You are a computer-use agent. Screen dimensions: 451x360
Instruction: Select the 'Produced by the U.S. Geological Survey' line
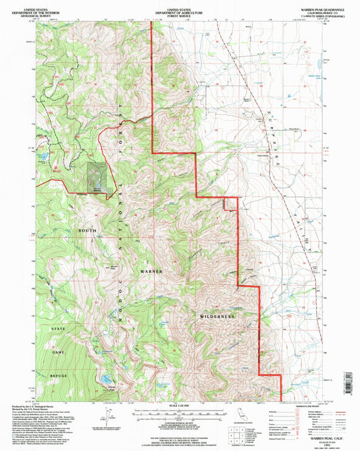pos(34,406)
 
